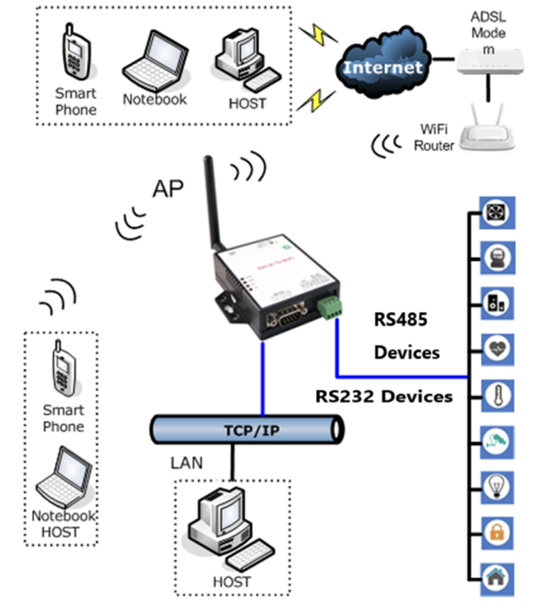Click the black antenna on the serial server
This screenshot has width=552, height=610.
pyautogui.click(x=211, y=203)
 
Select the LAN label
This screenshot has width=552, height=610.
pyautogui.click(x=186, y=462)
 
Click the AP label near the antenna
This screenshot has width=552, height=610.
pyautogui.click(x=168, y=188)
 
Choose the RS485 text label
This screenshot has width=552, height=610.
pyautogui.click(x=400, y=320)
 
